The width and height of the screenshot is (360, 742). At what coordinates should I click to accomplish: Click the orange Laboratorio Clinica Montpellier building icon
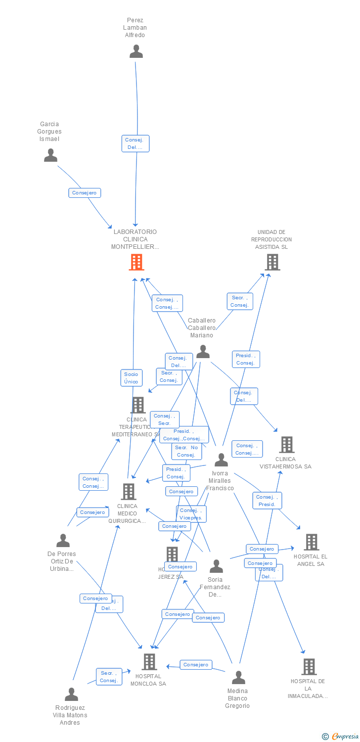point(136,262)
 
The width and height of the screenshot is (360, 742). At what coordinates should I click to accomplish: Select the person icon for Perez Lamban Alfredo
point(136,51)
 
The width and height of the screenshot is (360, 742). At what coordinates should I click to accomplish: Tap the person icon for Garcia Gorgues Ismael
point(50,155)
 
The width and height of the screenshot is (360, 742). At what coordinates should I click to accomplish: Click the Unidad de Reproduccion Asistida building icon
point(272,262)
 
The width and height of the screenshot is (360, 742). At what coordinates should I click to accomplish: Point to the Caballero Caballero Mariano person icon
point(203,352)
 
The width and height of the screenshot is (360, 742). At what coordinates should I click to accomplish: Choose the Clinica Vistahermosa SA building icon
point(287,445)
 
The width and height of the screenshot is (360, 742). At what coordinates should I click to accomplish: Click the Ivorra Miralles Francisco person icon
point(221,460)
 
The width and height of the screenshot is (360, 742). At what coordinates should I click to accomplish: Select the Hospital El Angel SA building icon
point(311,542)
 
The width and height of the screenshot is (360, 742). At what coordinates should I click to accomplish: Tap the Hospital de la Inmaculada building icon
point(309,667)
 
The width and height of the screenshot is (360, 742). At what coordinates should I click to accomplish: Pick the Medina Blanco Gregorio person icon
point(238,678)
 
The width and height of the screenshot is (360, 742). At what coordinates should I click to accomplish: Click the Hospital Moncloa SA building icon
point(149,662)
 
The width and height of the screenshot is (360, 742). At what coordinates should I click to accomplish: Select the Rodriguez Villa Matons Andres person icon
point(71,695)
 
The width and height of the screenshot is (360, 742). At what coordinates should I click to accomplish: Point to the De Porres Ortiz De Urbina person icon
point(63,541)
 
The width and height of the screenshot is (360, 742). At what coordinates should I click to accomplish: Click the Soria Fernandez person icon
point(216,566)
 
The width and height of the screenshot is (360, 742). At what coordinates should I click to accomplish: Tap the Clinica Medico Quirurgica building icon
point(129,492)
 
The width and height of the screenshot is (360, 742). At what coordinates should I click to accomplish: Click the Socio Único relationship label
point(132,378)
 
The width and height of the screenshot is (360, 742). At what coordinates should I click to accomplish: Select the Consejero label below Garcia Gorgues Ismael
point(85,193)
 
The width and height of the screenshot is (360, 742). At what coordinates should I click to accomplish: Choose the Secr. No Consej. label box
point(186,451)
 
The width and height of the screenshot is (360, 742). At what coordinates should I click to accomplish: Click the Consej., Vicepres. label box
point(191,514)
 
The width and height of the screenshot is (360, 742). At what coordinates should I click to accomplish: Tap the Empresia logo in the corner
point(340,737)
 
